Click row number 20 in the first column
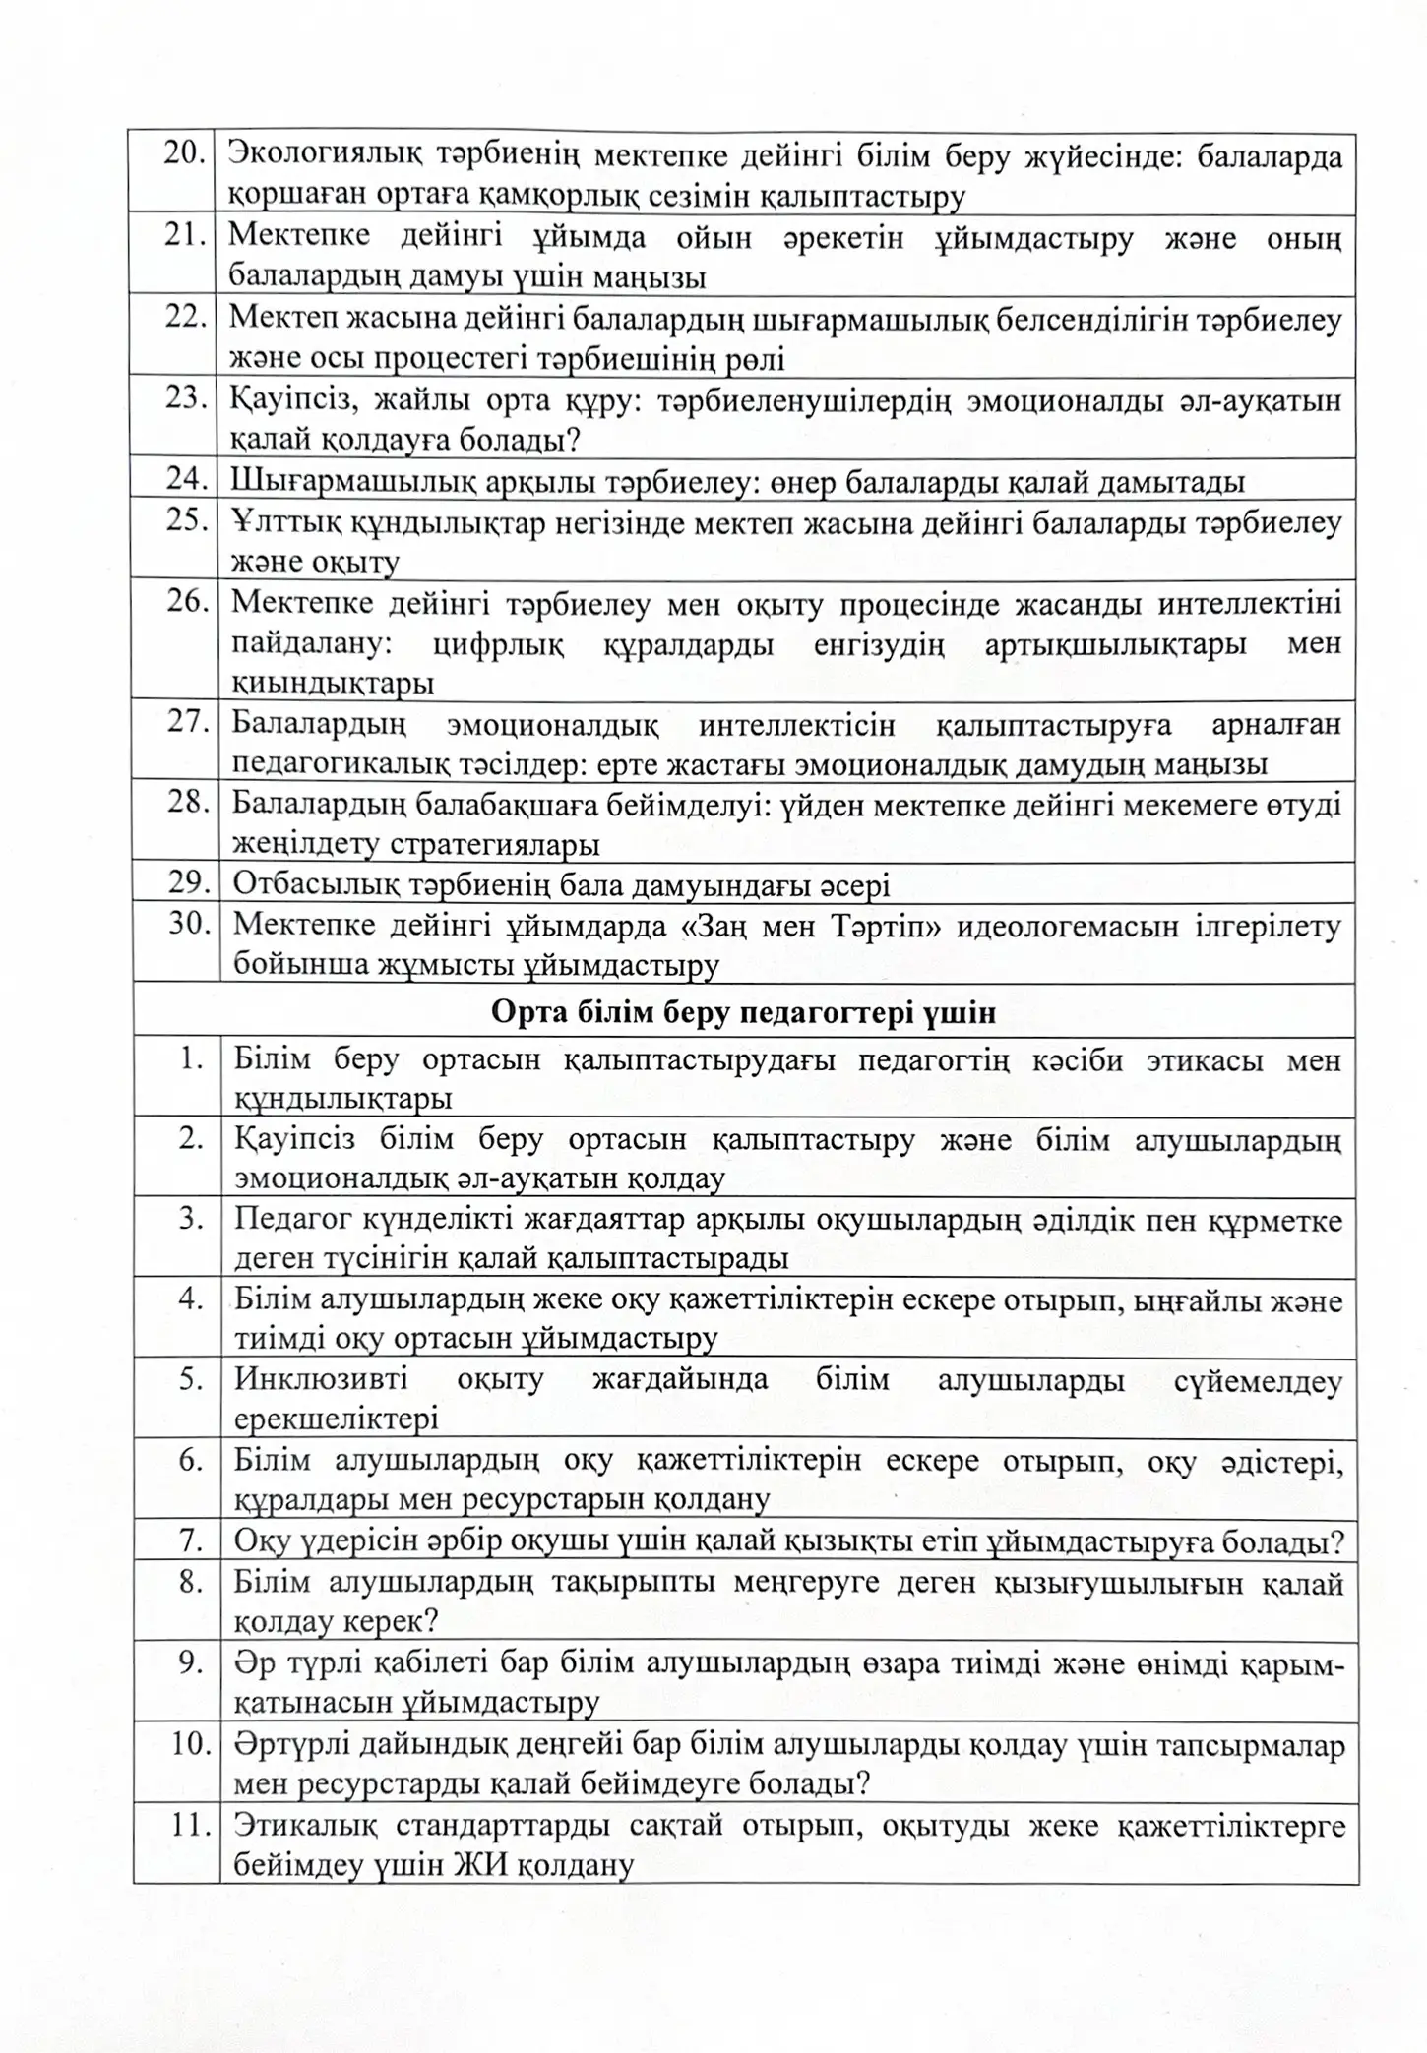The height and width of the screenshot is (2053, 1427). click(x=184, y=153)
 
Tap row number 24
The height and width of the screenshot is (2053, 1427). click(x=185, y=479)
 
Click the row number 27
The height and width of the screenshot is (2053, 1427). click(x=185, y=721)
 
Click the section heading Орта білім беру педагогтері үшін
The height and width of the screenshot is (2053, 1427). click(x=743, y=1012)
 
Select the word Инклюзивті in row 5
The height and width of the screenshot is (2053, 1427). click(x=321, y=1379)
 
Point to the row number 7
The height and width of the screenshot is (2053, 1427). click(x=191, y=1540)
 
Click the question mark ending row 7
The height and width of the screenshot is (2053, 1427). click(x=1335, y=1541)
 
